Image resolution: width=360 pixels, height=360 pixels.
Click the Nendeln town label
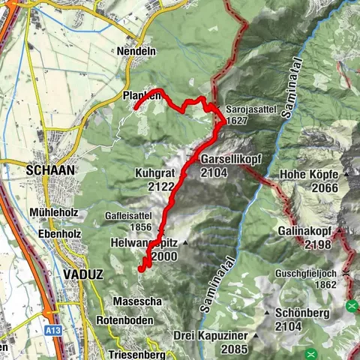coord(136,52)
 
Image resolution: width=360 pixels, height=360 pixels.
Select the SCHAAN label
coord(50,170)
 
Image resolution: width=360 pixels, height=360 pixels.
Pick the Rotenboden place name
coord(124,320)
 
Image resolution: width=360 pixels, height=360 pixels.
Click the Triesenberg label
coord(136,353)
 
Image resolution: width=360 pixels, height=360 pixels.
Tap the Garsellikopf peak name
coord(230,160)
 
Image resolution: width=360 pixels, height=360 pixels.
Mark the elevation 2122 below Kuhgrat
coord(151,185)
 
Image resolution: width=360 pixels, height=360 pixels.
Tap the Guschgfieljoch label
coord(309,273)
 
